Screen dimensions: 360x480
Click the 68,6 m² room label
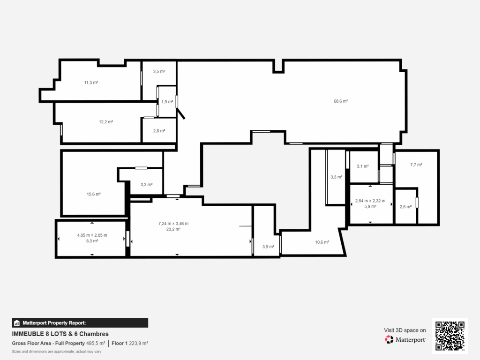(x=340, y=101)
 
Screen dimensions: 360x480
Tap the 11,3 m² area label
(x=91, y=82)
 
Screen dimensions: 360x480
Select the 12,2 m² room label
(x=105, y=122)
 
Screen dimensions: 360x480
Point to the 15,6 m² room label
(x=94, y=194)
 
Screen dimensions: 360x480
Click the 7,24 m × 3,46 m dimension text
(x=173, y=224)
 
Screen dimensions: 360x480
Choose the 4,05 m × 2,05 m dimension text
(x=92, y=235)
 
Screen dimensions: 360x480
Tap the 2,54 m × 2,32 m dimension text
(x=370, y=201)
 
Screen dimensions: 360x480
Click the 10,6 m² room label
(x=322, y=242)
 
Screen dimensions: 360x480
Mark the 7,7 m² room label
(x=416, y=165)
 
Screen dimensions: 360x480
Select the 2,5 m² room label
(x=405, y=207)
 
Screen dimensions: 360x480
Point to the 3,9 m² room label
(x=269, y=247)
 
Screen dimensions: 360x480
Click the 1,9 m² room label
(x=167, y=102)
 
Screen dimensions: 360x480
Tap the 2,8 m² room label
(x=159, y=131)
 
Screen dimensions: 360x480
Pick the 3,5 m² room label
(x=159, y=72)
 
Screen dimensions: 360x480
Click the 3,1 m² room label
(x=363, y=166)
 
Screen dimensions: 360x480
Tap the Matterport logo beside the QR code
(x=405, y=339)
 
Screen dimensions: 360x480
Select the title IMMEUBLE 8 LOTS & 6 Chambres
(x=60, y=334)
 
